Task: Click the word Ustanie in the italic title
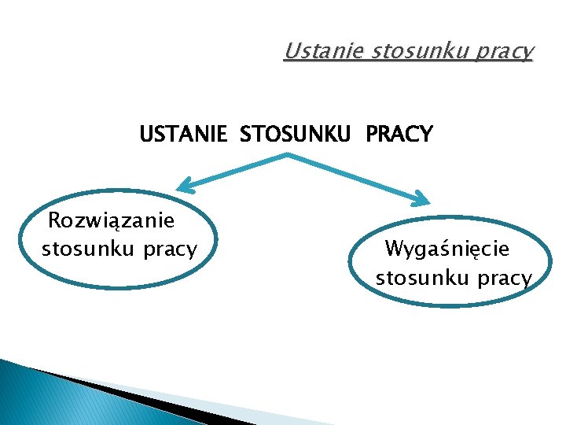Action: click(313, 52)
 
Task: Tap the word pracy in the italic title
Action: click(503, 53)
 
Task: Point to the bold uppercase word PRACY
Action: click(399, 135)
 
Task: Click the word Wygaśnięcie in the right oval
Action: click(447, 249)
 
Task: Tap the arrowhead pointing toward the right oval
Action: click(423, 198)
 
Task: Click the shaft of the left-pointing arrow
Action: click(236, 171)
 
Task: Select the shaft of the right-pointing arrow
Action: click(354, 177)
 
